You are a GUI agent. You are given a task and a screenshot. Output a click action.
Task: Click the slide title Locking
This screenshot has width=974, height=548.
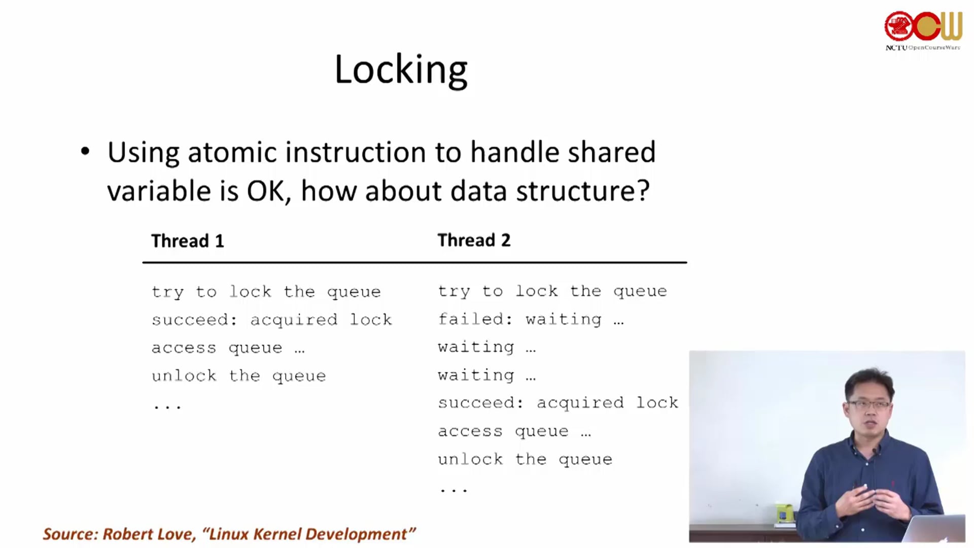pyautogui.click(x=401, y=70)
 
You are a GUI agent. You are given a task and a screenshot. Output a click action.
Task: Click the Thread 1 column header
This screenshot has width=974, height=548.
pyautogui.click(x=188, y=241)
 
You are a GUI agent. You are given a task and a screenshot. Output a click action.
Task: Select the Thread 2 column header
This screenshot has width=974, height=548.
pyautogui.click(x=474, y=240)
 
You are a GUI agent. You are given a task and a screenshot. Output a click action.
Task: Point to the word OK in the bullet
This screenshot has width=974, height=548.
pyautogui.click(x=266, y=191)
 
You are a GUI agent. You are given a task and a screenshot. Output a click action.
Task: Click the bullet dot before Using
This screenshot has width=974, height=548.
pyautogui.click(x=85, y=151)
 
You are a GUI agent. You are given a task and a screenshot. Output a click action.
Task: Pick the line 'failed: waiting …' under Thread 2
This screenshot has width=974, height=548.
pyautogui.click(x=531, y=319)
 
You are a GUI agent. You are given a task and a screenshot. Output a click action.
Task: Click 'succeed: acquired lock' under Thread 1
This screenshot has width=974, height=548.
pyautogui.click(x=272, y=320)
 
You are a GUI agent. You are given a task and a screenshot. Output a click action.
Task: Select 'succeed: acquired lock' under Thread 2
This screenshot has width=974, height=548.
pyautogui.click(x=558, y=402)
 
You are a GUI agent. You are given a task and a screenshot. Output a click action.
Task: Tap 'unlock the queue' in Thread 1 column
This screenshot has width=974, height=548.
pyautogui.click(x=239, y=375)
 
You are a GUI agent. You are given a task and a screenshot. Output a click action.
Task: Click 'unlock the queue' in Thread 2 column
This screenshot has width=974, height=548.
pyautogui.click(x=526, y=459)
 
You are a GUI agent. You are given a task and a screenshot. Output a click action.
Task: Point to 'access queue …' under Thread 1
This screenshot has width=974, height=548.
pyautogui.click(x=228, y=348)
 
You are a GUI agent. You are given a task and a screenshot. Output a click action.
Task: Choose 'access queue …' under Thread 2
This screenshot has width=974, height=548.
pyautogui.click(x=514, y=431)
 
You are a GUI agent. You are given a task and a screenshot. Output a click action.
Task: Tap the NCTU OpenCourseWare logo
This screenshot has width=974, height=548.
pyautogui.click(x=923, y=30)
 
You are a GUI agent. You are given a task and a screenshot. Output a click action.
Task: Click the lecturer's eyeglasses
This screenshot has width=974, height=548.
pyautogui.click(x=868, y=404)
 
